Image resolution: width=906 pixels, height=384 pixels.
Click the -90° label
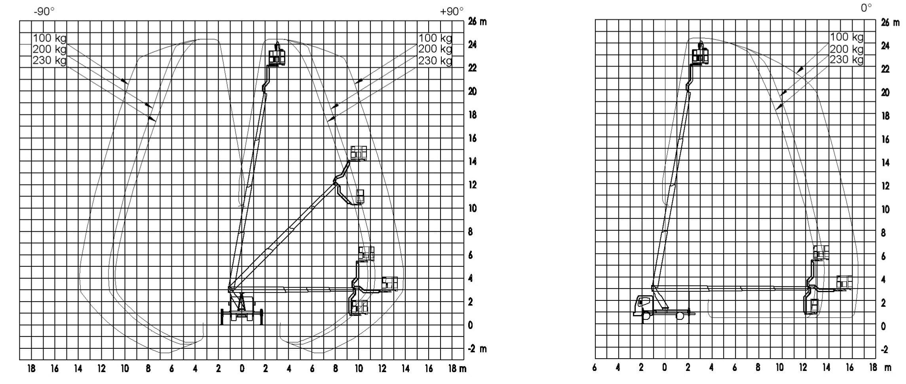point(44,11)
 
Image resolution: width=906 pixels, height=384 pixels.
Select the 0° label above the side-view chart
point(866,8)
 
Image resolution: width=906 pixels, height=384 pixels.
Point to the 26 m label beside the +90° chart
point(477,21)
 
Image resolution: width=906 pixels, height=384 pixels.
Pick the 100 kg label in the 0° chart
point(847,37)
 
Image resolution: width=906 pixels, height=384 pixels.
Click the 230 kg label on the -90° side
point(49,61)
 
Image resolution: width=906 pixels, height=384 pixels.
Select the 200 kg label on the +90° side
point(435,49)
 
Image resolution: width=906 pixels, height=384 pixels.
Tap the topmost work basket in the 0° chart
point(700,56)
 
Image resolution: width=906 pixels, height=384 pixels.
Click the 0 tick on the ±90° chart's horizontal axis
point(242,369)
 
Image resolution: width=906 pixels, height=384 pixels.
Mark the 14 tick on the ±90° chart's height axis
point(473,162)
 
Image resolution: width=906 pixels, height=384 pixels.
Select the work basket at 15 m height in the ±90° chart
point(359,153)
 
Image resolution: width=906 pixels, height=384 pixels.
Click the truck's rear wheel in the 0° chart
point(680,316)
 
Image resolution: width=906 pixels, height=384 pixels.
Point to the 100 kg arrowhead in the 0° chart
point(800,70)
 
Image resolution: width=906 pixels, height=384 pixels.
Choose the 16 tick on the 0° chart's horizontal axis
point(850,368)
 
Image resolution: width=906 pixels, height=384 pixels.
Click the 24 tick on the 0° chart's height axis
point(885,46)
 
